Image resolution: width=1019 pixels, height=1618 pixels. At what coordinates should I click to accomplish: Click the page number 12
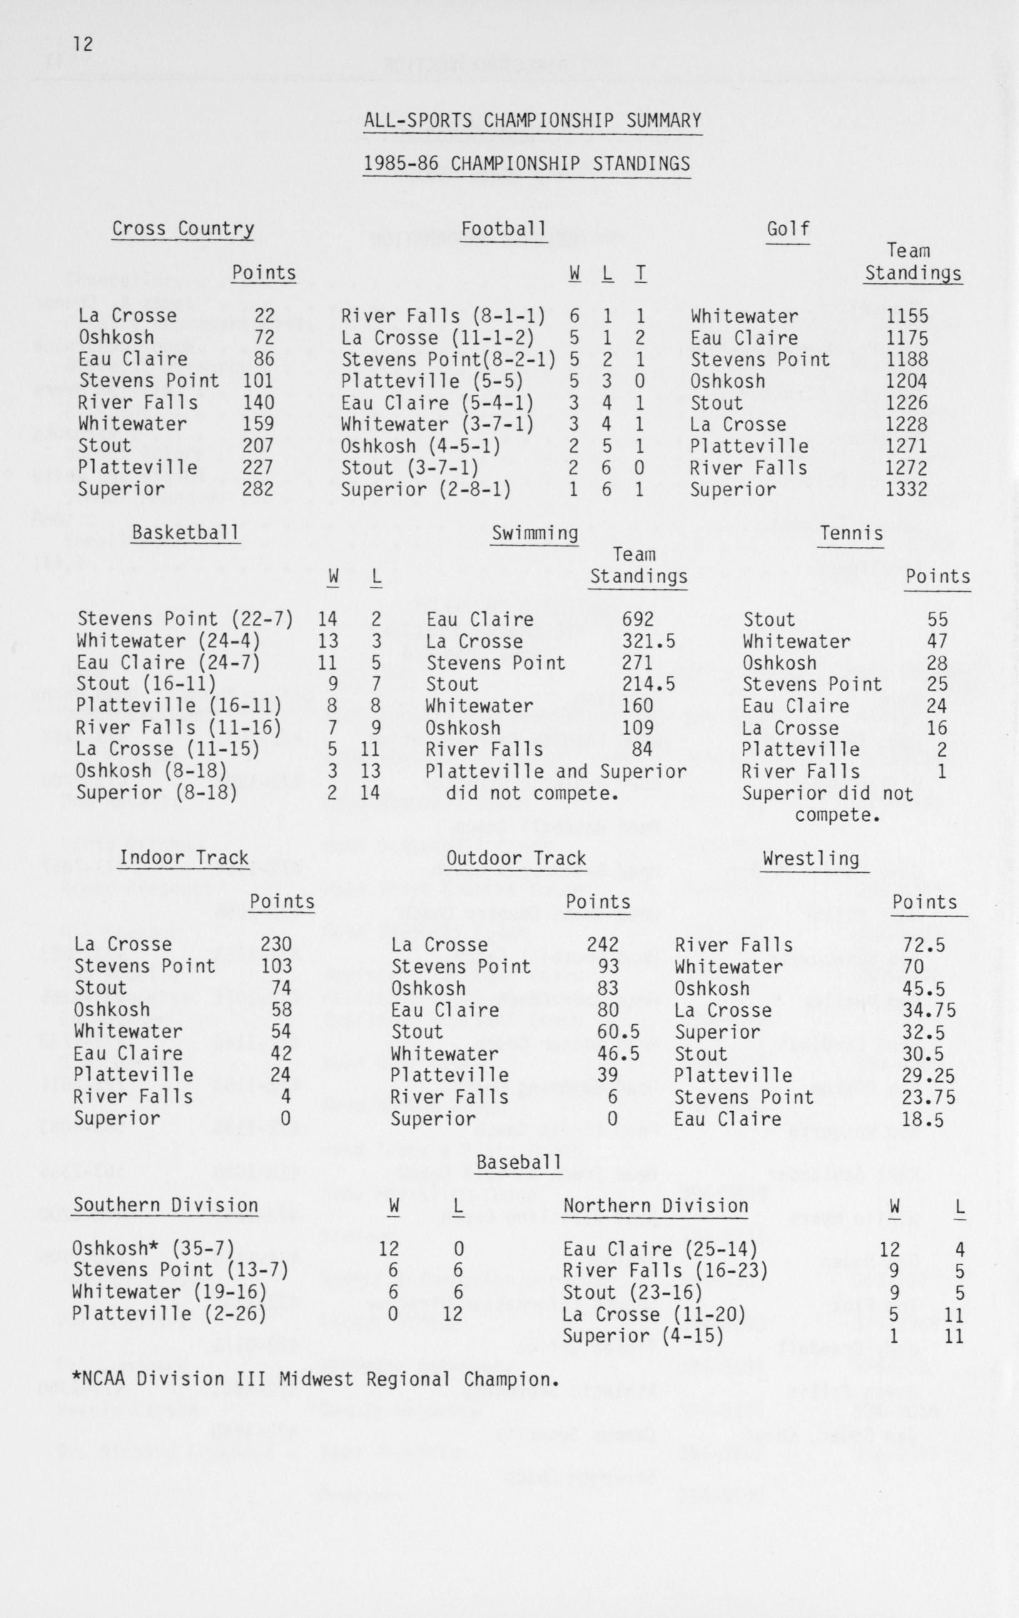[x=83, y=45]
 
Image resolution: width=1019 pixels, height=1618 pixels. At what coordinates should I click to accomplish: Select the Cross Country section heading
[x=183, y=229]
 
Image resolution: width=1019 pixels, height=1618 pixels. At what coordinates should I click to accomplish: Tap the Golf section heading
[x=788, y=229]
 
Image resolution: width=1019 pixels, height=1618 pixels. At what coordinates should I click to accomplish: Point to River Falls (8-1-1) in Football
[x=443, y=316]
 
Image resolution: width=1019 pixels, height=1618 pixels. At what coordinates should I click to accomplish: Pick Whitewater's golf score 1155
[x=907, y=316]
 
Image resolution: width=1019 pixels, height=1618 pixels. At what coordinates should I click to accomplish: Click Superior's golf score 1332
[x=907, y=489]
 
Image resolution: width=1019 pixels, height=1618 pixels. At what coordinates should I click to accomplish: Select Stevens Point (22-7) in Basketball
[x=185, y=619]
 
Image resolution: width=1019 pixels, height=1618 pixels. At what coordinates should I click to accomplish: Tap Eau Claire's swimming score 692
[x=637, y=619]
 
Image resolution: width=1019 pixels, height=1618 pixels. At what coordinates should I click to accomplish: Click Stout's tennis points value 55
[x=936, y=619]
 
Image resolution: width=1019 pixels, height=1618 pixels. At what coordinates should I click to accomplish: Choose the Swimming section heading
[x=535, y=534]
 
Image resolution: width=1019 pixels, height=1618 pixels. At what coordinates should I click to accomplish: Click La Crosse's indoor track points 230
[x=276, y=944]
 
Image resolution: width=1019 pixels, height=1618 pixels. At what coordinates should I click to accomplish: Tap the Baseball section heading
[x=518, y=1162]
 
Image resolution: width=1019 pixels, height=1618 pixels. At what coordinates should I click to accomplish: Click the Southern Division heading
[x=165, y=1206]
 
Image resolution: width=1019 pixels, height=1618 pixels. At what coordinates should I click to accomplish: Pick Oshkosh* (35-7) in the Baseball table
[x=154, y=1248]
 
